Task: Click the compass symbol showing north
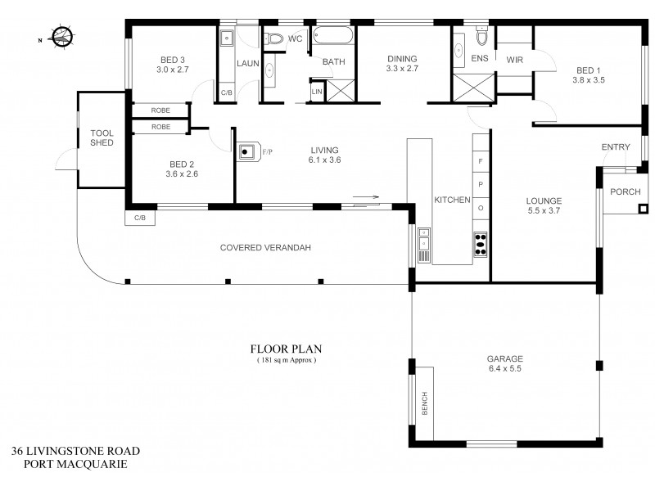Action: (61, 37)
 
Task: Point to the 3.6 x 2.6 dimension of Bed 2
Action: (182, 173)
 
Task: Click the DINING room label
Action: (402, 59)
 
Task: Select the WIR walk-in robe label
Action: (515, 60)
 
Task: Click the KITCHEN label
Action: (451, 200)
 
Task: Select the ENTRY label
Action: (616, 147)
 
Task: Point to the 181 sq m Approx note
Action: (283, 359)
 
